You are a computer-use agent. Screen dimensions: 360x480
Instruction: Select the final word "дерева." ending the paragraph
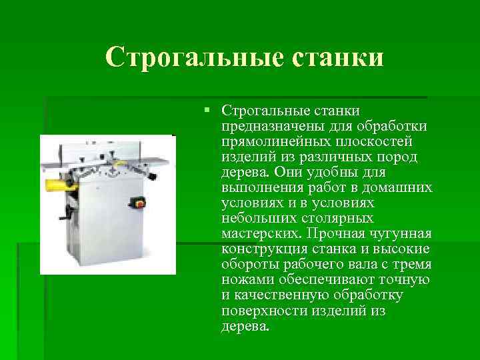coord(245,327)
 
